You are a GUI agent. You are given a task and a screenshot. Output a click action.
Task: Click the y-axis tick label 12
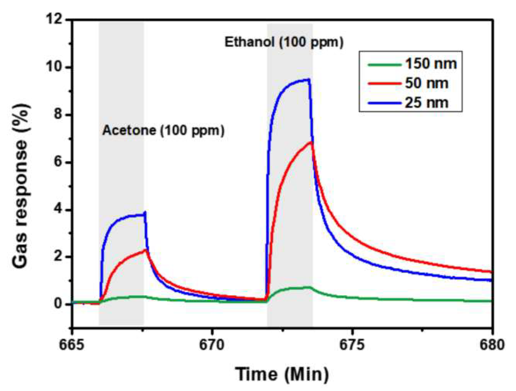pyautogui.click(x=54, y=20)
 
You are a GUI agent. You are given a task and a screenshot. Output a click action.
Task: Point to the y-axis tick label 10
pyautogui.click(x=54, y=67)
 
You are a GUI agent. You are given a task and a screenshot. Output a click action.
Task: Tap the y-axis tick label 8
pyautogui.click(x=58, y=115)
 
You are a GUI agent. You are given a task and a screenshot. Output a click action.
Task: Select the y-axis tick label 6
pyautogui.click(x=58, y=162)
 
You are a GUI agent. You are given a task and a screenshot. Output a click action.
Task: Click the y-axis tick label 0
pyautogui.click(x=58, y=304)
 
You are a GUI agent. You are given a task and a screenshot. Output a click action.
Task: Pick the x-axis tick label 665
pyautogui.click(x=72, y=345)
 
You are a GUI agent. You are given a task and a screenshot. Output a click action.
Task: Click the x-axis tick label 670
pyautogui.click(x=212, y=345)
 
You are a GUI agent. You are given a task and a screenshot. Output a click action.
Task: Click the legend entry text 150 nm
pyautogui.click(x=431, y=64)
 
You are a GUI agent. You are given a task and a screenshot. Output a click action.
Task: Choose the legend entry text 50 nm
pyautogui.click(x=427, y=83)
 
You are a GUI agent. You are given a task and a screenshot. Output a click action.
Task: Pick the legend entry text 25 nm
pyautogui.click(x=427, y=102)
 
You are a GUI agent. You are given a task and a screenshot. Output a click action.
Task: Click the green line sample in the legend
pyautogui.click(x=384, y=64)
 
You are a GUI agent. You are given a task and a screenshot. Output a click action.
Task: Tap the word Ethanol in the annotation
pyautogui.click(x=249, y=42)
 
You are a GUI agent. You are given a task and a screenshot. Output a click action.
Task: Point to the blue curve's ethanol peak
pyautogui.click(x=309, y=79)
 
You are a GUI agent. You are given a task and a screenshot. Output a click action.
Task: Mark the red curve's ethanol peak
pyautogui.click(x=311, y=142)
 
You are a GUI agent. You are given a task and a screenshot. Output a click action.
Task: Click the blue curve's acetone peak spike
pyautogui.click(x=145, y=212)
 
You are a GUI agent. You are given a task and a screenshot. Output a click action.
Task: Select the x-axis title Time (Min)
pyautogui.click(x=282, y=374)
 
